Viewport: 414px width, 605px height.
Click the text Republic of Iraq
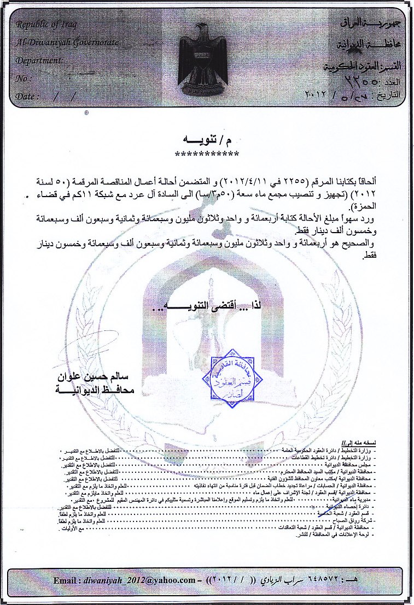pyautogui.click(x=46, y=25)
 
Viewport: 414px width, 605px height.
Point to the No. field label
pyautogui.click(x=24, y=79)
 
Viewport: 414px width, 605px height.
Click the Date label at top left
pyautogui.click(x=28, y=96)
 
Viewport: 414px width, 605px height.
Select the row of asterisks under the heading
pyautogui.click(x=206, y=154)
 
